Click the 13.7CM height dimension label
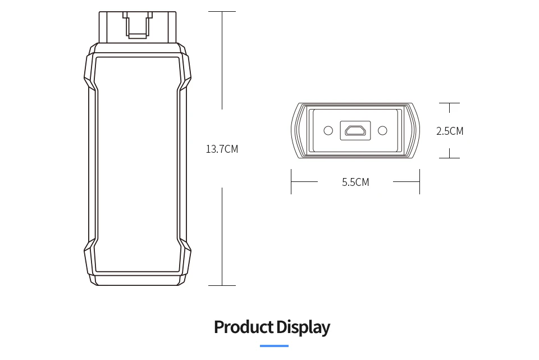click(x=222, y=149)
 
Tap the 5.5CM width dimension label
click(x=355, y=182)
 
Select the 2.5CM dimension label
click(x=450, y=131)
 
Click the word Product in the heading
click(x=241, y=327)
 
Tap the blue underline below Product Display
click(x=275, y=345)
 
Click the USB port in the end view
click(x=355, y=131)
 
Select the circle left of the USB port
click(x=328, y=131)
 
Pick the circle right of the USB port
click(x=382, y=131)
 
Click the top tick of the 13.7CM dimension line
click(x=222, y=11)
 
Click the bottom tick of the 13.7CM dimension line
click(x=222, y=285)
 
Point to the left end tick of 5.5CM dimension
click(x=291, y=181)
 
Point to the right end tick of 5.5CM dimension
click(x=419, y=181)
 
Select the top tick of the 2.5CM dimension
click(x=449, y=103)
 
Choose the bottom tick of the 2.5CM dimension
click(x=449, y=158)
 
